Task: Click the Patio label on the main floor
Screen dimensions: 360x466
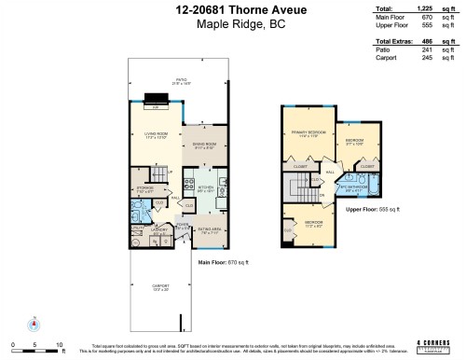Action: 169,81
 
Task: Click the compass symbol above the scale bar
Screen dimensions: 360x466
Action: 34,325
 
